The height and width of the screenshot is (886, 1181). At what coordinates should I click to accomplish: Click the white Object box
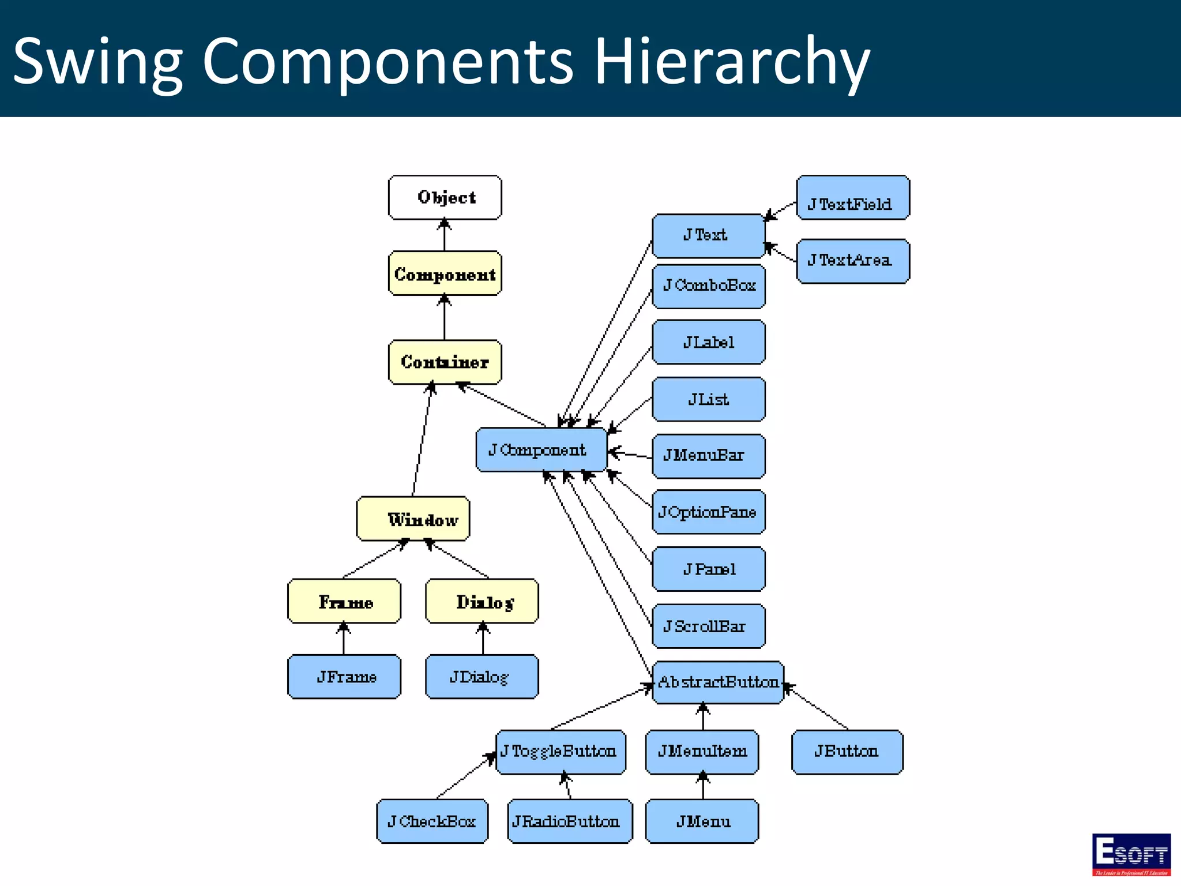(445, 197)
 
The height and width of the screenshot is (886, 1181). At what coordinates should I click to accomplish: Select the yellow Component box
(445, 273)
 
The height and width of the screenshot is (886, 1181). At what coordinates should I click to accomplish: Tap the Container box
(445, 362)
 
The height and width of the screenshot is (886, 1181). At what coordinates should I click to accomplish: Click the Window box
(413, 519)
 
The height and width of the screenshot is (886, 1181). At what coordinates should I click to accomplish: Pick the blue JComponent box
(541, 450)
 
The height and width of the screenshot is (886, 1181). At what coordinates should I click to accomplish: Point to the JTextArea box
(852, 261)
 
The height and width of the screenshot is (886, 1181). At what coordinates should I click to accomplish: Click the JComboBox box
(709, 286)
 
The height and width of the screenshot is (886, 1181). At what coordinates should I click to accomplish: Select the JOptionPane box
(709, 512)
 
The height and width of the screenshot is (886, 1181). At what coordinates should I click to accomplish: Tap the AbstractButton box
(718, 682)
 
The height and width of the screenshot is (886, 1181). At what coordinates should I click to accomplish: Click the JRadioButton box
(569, 821)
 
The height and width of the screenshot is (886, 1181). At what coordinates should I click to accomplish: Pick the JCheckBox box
(432, 821)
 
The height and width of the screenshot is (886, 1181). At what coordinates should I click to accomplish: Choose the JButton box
(847, 752)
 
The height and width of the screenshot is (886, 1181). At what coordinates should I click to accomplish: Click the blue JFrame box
(344, 676)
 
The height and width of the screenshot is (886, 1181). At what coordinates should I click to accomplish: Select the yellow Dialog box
(482, 601)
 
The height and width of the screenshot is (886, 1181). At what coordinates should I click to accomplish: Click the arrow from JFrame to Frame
(344, 639)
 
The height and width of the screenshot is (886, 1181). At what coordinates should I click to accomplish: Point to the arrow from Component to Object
(445, 235)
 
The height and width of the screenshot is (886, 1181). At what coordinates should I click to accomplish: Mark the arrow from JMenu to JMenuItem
(702, 787)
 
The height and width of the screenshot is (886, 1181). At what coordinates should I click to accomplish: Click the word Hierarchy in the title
(731, 61)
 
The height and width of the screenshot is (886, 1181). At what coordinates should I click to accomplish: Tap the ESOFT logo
(1131, 854)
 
